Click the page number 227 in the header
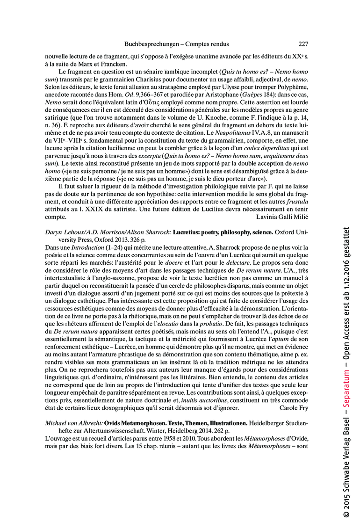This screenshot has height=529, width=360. click(x=303, y=44)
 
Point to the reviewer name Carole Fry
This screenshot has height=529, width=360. click(x=294, y=408)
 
